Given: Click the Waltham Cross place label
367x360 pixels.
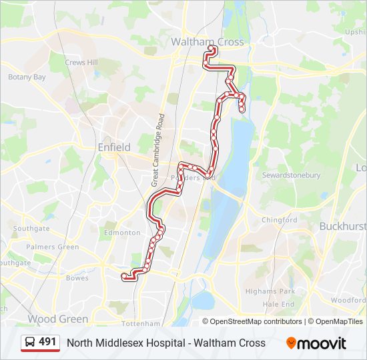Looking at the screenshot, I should click(208, 41).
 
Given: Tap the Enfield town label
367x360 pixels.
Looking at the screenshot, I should click(114, 147).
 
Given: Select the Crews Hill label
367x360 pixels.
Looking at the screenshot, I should click(81, 63).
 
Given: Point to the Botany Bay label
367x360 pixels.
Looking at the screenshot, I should click(27, 77).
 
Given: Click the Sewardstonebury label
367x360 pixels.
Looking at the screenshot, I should click(291, 175).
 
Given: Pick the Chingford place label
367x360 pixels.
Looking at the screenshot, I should click(279, 220).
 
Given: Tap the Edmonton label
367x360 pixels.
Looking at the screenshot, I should click(122, 233).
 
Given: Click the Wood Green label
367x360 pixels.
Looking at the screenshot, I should click(57, 319).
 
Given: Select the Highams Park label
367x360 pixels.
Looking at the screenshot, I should click(270, 291).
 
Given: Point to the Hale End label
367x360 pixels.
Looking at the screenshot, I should click(278, 304).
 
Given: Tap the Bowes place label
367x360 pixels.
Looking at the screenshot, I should click(77, 278).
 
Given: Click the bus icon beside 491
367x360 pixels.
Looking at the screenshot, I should click(30, 343).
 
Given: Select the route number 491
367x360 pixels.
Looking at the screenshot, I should click(47, 342).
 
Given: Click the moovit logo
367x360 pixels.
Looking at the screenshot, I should click(316, 343).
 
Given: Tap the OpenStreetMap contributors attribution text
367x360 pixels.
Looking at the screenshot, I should click(256, 321).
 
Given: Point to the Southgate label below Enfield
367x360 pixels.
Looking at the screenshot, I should click(31, 229).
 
